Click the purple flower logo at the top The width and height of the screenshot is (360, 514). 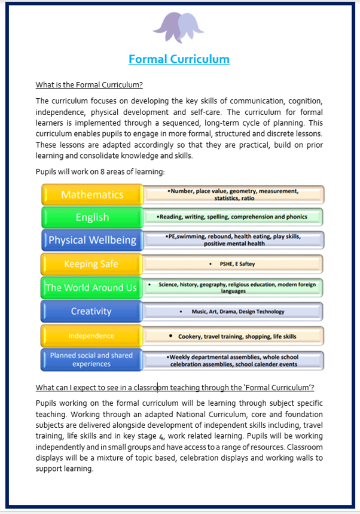179,27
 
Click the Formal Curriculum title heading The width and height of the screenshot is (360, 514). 179,59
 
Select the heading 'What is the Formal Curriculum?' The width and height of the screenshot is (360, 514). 89,84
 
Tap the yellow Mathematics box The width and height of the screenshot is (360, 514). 91,194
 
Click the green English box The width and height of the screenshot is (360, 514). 91,217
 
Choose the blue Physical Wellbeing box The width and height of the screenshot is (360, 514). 91,241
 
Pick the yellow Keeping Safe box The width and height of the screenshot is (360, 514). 91,264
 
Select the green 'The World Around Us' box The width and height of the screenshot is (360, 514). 91,288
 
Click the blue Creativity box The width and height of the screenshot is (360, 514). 91,311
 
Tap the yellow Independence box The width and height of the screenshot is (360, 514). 91,336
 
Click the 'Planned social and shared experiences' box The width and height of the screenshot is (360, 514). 91,360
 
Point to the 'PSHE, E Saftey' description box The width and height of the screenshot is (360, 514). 233,264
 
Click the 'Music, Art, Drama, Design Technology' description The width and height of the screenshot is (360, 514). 233,312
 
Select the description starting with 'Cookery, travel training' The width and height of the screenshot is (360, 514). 233,336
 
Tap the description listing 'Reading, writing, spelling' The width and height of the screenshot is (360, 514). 233,217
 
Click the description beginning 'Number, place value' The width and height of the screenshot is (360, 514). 233,194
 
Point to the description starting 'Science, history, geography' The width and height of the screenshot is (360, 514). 233,288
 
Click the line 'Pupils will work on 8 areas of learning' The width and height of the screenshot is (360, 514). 100,172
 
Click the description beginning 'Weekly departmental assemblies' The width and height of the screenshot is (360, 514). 233,360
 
